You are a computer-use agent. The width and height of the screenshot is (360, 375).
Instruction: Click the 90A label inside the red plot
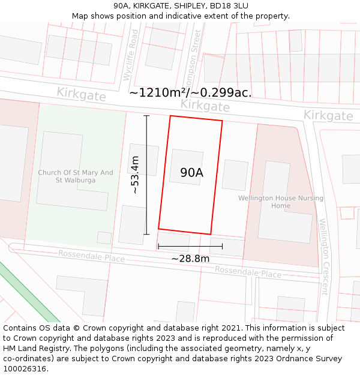(x=192, y=173)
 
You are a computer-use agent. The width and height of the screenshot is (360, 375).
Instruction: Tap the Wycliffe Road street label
(x=130, y=55)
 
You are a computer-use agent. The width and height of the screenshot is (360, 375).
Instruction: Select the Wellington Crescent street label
(x=325, y=257)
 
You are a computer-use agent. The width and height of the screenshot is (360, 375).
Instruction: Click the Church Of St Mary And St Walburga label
(x=76, y=176)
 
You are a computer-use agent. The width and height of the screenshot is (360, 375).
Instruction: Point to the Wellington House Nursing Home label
(x=281, y=202)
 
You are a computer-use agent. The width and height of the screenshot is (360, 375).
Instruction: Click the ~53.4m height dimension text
(x=136, y=175)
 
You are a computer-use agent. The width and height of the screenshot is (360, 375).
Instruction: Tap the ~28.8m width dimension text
(x=190, y=259)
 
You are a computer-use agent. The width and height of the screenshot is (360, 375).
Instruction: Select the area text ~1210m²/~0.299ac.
(x=190, y=92)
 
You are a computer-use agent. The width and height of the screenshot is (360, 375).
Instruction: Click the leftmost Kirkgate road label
(x=82, y=94)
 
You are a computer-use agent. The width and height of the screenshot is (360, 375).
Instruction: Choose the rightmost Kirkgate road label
(x=328, y=115)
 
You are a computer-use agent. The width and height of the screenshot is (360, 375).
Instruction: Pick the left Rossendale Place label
(x=91, y=256)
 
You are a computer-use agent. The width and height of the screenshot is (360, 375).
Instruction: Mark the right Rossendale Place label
(x=248, y=272)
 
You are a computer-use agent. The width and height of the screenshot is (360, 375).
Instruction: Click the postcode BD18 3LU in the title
(x=232, y=5)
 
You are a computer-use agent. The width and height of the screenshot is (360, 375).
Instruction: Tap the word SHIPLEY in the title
(x=184, y=5)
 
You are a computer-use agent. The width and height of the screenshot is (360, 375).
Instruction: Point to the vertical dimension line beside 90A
(x=146, y=175)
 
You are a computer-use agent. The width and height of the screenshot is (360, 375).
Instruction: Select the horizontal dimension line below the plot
(x=190, y=246)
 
